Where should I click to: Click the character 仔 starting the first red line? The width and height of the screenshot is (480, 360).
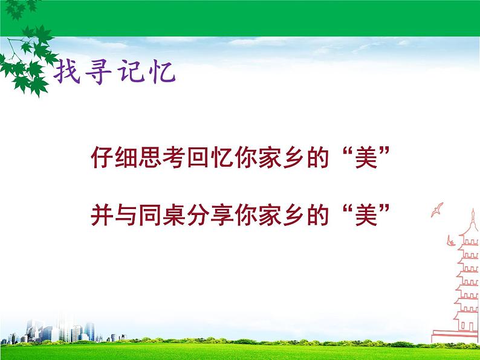click(x=101, y=159)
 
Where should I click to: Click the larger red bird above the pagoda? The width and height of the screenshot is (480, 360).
click(x=436, y=210)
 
